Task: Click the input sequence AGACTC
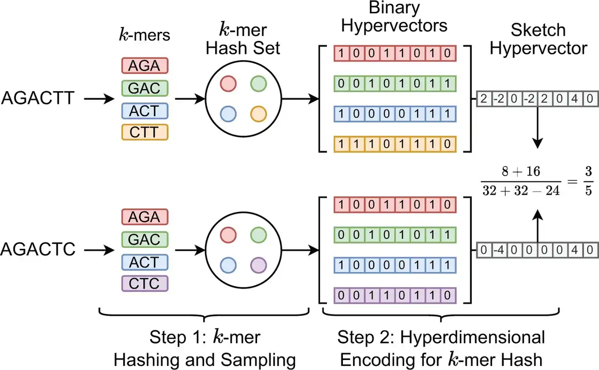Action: (38, 248)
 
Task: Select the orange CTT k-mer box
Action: (144, 132)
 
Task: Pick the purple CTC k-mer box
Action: (144, 283)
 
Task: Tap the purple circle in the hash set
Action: (260, 264)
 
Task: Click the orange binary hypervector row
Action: (395, 145)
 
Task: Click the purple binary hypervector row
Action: (395, 295)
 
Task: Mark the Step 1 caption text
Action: (205, 348)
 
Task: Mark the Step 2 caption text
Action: (441, 348)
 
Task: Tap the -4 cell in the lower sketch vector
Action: (497, 250)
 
